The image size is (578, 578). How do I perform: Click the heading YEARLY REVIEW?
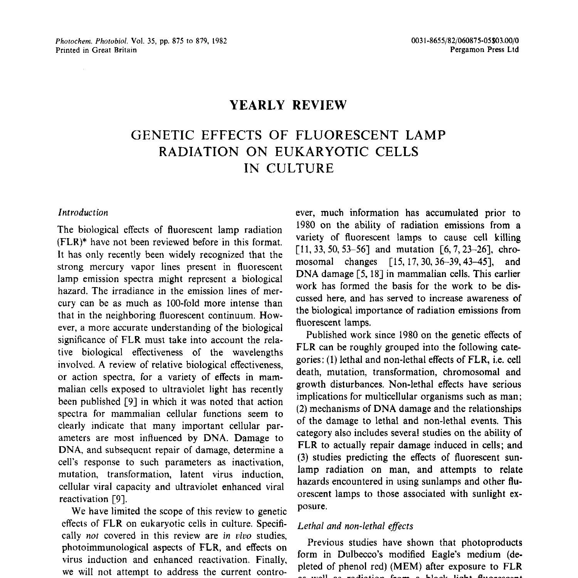pyautogui.click(x=288, y=105)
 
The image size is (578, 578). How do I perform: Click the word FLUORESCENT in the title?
pyautogui.click(x=347, y=135)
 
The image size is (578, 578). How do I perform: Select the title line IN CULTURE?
pyautogui.click(x=289, y=168)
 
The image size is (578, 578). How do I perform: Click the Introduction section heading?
pyautogui.click(x=83, y=212)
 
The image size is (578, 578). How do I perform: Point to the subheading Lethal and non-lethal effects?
pyautogui.click(x=355, y=526)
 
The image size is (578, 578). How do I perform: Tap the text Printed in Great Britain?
pyautogui.click(x=96, y=50)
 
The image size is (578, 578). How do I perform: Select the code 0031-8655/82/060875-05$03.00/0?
pyautogui.click(x=465, y=41)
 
